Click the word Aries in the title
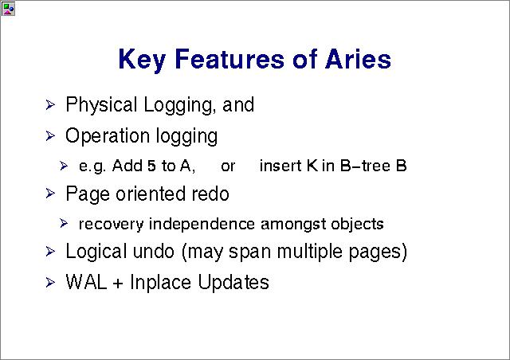(359, 59)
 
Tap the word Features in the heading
(229, 59)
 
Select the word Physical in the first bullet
(101, 105)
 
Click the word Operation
(108, 136)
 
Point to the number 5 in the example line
(151, 166)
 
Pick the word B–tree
(365, 166)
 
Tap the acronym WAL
(86, 282)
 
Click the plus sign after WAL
(118, 283)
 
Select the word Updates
(233, 282)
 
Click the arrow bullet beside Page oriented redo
(50, 194)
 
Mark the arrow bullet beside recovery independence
(64, 224)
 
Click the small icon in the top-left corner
(8, 9)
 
